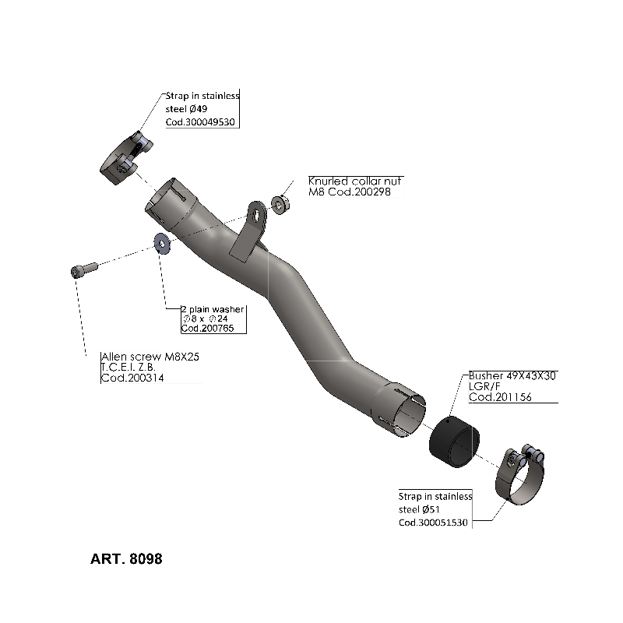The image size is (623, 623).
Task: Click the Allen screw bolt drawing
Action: pyautogui.click(x=83, y=269)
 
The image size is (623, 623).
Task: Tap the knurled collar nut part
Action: pyautogui.click(x=280, y=204)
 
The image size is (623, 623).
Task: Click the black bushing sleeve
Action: pyautogui.click(x=453, y=439)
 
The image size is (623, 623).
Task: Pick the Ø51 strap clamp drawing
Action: pyautogui.click(x=519, y=476)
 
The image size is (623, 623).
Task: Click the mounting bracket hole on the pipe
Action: pyautogui.click(x=255, y=210)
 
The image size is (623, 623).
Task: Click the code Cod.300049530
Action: pyautogui.click(x=201, y=123)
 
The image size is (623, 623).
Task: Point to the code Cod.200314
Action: pyautogui.click(x=133, y=378)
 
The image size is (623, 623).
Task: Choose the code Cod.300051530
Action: pyautogui.click(x=433, y=523)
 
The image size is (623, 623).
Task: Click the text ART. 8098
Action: pyautogui.click(x=126, y=559)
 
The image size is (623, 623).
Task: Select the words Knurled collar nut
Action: pyautogui.click(x=355, y=181)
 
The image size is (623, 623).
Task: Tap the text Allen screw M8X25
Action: pyautogui.click(x=145, y=356)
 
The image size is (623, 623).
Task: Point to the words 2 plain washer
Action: pyautogui.click(x=212, y=309)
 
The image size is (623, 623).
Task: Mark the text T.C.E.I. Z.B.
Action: pyautogui.click(x=128, y=368)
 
